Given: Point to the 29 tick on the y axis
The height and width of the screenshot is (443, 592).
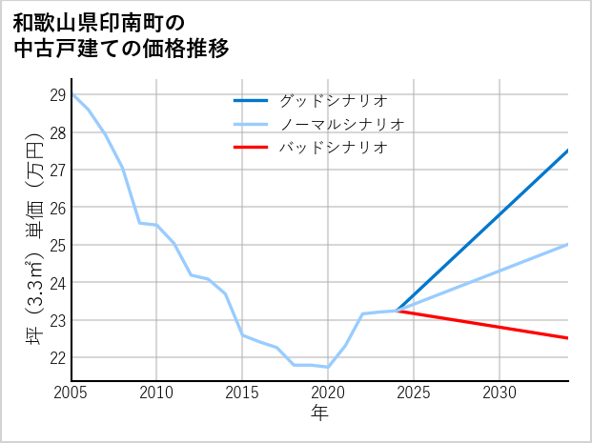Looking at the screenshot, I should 56,95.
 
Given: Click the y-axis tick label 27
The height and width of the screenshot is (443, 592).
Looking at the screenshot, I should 56,171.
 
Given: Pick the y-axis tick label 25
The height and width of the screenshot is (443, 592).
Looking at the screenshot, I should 56,245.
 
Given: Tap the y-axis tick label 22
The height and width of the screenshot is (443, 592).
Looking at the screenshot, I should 56,357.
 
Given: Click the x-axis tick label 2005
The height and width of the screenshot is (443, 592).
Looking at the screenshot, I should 71,393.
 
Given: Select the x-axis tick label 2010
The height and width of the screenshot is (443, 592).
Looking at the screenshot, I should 157,393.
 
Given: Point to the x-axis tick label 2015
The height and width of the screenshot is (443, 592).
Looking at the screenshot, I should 242,393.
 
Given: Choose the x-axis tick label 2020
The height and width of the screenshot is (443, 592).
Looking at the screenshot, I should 328,393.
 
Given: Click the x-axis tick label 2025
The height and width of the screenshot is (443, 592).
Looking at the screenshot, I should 414,393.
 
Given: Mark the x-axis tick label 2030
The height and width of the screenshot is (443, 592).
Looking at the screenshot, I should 500,393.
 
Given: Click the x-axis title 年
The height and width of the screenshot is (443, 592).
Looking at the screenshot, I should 319,413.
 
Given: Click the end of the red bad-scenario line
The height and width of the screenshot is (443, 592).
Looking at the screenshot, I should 568,338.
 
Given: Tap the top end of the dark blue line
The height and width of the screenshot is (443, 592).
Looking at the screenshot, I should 568,151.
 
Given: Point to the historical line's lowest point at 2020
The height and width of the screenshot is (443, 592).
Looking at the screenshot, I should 328,367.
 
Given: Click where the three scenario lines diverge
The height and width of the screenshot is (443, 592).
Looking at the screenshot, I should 397,311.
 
